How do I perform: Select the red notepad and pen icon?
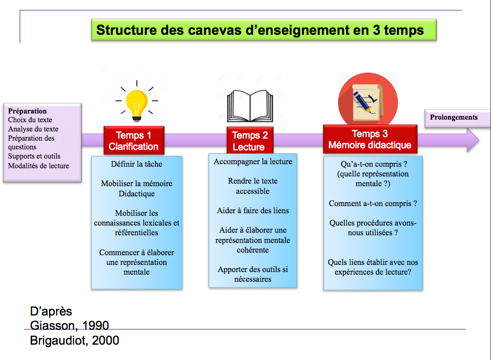pos(368,100)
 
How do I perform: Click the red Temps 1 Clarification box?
pos(133,141)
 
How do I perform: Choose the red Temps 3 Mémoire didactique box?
pos(370,139)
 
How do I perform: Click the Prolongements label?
pos(454,117)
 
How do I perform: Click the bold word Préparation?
pos(28,111)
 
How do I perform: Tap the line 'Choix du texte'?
pos(30,120)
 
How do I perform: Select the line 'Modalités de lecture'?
pos(38,166)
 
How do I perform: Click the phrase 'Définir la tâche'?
pos(137,164)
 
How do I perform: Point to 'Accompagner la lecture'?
pos(253,162)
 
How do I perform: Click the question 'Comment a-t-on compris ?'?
pos(373,204)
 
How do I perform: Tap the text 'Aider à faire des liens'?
pos(253,211)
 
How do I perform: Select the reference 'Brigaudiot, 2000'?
pos(75,340)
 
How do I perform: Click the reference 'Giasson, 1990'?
pos(69,326)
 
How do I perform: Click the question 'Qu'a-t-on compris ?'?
pos(373,165)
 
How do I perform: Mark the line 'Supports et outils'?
pos(34,156)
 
